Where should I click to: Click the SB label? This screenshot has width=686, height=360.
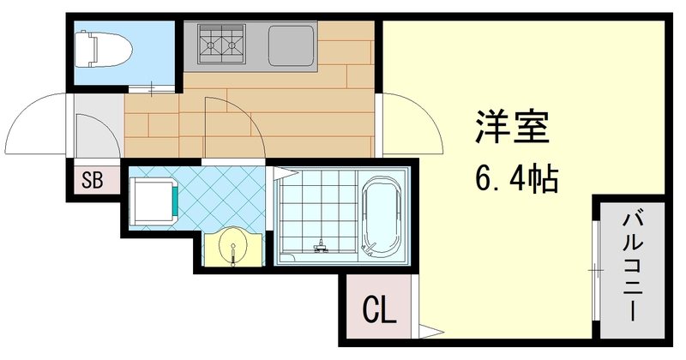pyautogui.click(x=93, y=180)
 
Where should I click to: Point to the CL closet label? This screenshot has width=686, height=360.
pyautogui.click(x=379, y=309)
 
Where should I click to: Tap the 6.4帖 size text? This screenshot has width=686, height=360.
pyautogui.click(x=515, y=180)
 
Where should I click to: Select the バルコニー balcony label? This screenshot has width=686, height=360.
pyautogui.click(x=634, y=266)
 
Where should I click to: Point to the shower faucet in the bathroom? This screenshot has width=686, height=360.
pyautogui.click(x=322, y=248)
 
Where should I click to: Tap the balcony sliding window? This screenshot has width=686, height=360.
pyautogui.click(x=593, y=270)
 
